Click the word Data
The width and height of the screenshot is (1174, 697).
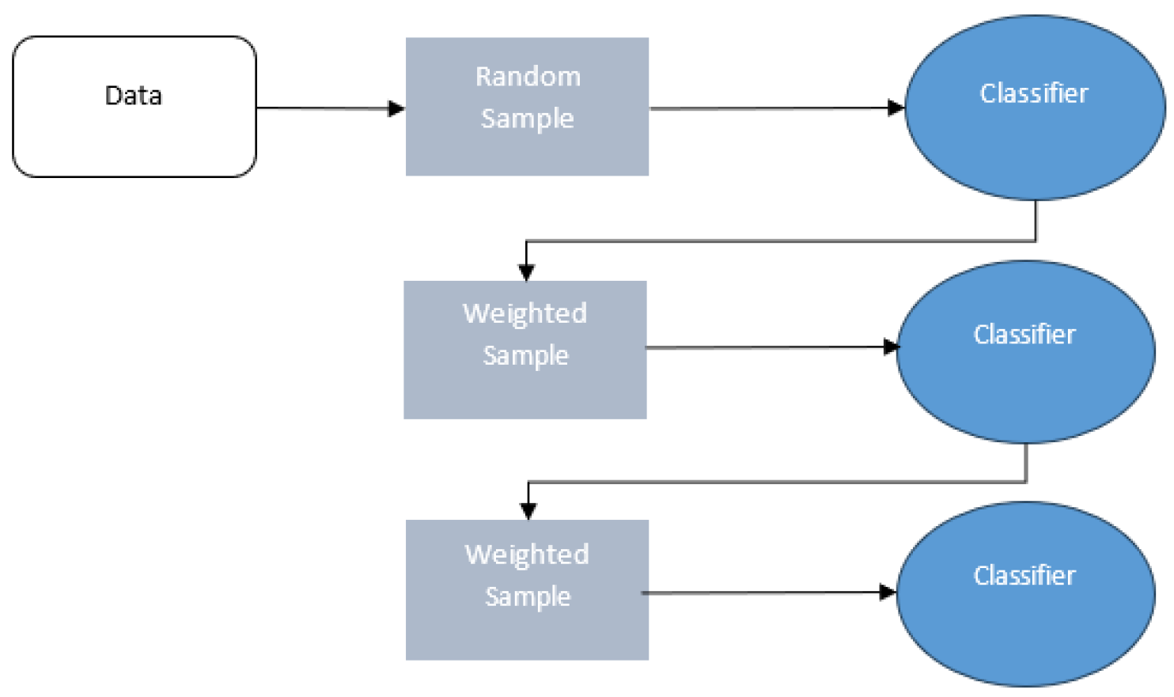coord(134,96)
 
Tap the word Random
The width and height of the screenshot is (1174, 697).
coord(528,77)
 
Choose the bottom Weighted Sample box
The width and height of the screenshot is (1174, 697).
coord(527,633)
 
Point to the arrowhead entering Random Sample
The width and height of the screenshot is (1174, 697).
coord(396,108)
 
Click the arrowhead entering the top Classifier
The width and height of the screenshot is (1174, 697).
coord(896,108)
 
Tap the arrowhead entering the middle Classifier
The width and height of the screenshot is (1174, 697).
coord(891,347)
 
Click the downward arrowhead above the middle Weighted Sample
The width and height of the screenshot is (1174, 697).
coord(526,272)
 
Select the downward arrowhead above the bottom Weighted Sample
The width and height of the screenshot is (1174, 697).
coord(528,511)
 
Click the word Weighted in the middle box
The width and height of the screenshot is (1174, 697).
coord(525,313)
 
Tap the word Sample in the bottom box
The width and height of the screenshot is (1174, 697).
coord(528,597)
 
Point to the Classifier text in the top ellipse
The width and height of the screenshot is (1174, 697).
coord(1034,93)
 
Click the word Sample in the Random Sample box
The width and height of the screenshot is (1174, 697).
coord(528,119)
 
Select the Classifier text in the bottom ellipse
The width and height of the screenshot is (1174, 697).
coord(1024,576)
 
